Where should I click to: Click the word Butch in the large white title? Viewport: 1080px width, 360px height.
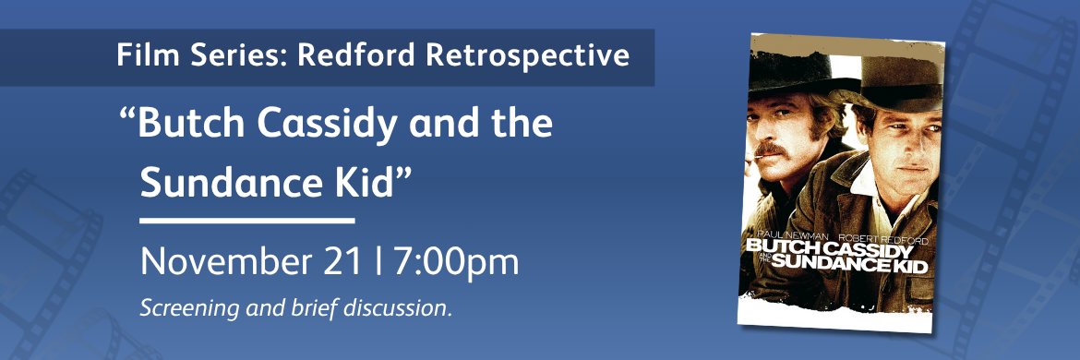coord(189,124)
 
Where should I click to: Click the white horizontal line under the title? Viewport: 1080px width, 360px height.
coord(246,222)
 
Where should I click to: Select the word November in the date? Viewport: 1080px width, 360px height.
coord(236,262)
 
